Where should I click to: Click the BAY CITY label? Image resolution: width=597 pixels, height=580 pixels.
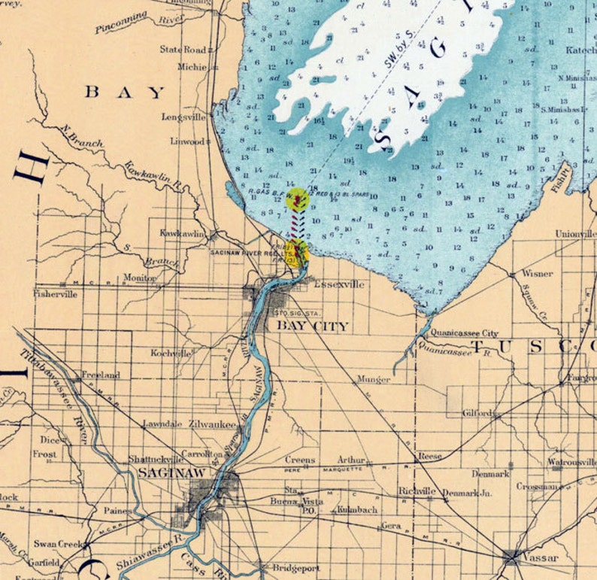tap(312, 326)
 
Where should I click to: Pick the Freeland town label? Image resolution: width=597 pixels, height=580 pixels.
tap(100, 375)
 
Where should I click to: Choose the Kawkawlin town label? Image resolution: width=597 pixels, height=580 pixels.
tap(182, 234)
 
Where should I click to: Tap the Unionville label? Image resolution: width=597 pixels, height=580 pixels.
tap(575, 234)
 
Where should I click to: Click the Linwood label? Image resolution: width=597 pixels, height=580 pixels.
tap(186, 141)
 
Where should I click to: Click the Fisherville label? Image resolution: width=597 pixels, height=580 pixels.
tap(55, 294)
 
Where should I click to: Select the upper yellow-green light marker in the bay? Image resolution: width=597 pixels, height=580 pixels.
tap(299, 199)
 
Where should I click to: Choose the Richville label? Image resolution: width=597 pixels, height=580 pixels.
tap(417, 491)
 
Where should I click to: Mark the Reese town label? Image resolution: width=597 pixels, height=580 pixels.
tap(430, 456)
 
